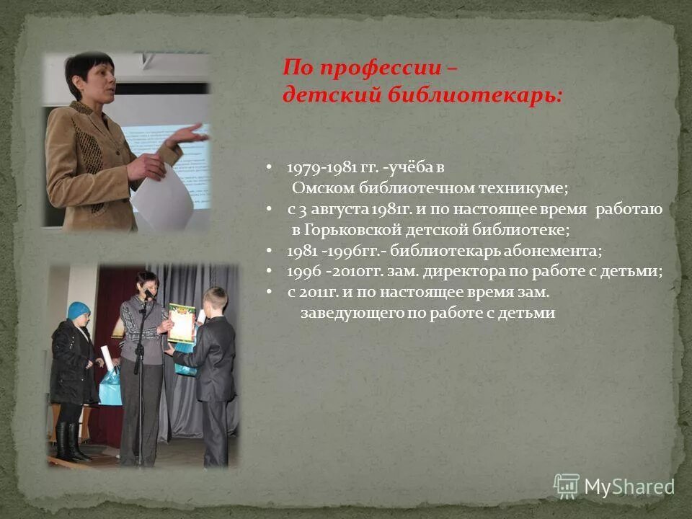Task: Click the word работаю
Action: click(x=629, y=210)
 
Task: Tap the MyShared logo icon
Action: click(x=567, y=484)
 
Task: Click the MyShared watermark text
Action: click(x=629, y=487)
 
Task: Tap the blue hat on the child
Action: click(x=79, y=311)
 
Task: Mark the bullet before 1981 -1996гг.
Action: click(x=269, y=252)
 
